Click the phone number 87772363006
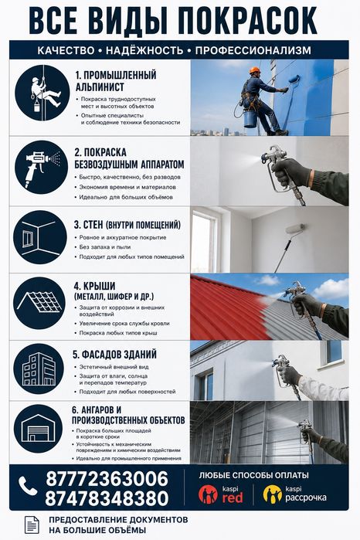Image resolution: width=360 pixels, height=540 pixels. (x=107, y=479)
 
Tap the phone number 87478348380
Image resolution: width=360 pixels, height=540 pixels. (x=107, y=498)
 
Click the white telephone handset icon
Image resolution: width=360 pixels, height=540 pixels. (x=28, y=486)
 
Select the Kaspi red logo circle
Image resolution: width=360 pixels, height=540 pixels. (x=208, y=494)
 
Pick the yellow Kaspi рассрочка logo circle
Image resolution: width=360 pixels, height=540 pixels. (x=273, y=494)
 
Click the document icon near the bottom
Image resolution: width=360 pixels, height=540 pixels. (x=32, y=525)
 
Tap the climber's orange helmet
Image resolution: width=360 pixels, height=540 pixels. (x=255, y=70)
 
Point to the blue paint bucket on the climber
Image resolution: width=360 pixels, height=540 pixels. (x=250, y=118)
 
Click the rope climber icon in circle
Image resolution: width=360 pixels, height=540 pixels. (x=42, y=93)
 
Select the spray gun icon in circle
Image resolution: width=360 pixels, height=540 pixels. (x=42, y=168)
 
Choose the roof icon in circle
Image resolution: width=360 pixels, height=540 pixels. (x=40, y=303)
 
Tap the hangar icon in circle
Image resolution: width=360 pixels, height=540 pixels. (x=38, y=429)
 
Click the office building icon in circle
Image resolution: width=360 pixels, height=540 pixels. (x=39, y=368)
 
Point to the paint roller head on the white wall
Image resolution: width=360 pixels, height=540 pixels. (x=295, y=229)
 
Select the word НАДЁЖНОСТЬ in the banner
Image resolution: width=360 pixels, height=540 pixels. (x=144, y=51)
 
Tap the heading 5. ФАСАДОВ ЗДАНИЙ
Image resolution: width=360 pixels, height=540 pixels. (x=114, y=354)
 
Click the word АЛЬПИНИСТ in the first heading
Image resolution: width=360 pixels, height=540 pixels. (x=100, y=87)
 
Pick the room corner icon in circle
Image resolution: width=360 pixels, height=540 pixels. (x=40, y=238)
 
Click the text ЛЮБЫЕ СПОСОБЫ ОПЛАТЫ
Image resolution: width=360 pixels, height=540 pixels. (x=254, y=476)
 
